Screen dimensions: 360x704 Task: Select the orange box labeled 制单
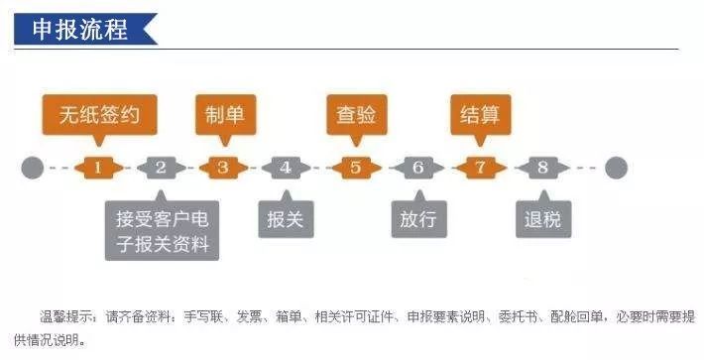222,114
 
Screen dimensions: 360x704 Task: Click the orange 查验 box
356,114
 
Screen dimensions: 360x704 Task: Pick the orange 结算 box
480,114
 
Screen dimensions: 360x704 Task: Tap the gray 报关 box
286,219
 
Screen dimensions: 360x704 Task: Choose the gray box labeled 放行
417,219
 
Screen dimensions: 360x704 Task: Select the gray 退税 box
542,219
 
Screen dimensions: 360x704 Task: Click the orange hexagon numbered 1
97,168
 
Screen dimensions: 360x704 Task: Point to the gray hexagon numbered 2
161,168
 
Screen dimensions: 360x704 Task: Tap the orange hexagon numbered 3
222,168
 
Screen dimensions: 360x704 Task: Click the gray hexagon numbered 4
286,168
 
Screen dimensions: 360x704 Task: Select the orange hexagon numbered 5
356,168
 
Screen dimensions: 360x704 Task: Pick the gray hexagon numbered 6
417,168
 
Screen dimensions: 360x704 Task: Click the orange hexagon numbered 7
480,168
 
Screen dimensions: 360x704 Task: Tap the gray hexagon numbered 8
542,168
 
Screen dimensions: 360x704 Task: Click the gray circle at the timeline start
33,168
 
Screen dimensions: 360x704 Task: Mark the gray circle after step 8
616,168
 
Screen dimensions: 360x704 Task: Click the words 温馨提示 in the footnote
67,317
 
